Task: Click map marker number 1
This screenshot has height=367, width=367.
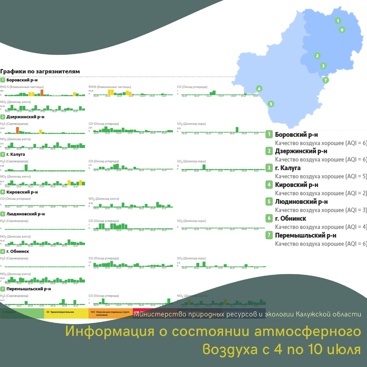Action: (338, 21)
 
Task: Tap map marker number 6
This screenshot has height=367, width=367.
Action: (342, 30)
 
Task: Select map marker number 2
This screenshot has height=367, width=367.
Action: (317, 56)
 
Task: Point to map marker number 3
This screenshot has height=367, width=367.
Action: (323, 66)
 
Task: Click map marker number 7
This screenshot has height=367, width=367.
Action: (326, 80)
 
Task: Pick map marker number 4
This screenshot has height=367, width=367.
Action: (259, 89)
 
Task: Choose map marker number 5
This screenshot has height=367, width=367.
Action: (271, 104)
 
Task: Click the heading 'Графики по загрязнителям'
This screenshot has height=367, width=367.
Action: (40, 72)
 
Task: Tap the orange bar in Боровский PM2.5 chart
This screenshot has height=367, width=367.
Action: (42, 93)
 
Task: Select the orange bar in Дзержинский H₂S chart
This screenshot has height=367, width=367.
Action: (17, 130)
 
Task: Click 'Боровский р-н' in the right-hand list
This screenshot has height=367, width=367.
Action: (296, 135)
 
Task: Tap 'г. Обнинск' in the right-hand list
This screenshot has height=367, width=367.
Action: (290, 218)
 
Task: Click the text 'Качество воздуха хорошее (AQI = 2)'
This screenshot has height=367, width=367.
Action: (321, 193)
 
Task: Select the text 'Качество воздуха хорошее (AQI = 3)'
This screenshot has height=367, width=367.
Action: (321, 210)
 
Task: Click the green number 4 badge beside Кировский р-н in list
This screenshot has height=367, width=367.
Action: (269, 184)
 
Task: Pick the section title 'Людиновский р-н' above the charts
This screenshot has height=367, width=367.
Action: (25, 214)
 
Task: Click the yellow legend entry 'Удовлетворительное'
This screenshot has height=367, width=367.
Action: (60, 312)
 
